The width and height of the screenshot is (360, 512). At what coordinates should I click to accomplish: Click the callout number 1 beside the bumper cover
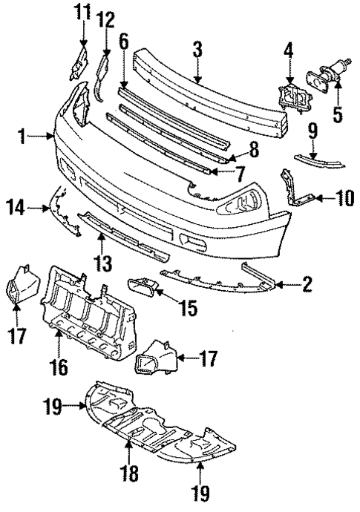pos(24,137)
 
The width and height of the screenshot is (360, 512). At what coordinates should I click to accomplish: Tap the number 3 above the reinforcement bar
pos(197,50)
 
